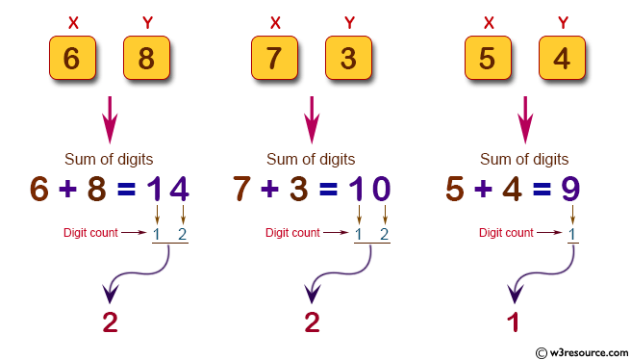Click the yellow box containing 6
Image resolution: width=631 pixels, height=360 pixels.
(x=71, y=58)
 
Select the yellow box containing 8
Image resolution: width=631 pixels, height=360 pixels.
(x=146, y=58)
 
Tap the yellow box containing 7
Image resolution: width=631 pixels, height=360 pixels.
(x=274, y=58)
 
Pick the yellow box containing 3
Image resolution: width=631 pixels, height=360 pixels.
(x=348, y=58)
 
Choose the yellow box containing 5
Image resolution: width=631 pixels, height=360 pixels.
(x=488, y=58)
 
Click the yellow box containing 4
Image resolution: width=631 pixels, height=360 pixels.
(x=562, y=58)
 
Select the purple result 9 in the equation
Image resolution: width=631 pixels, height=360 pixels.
(x=569, y=189)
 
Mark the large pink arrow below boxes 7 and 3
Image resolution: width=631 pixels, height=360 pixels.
(x=311, y=119)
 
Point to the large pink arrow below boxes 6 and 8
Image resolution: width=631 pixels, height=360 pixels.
(x=109, y=119)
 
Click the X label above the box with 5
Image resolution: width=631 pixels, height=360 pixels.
(x=488, y=21)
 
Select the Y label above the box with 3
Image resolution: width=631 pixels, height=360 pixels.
(x=348, y=21)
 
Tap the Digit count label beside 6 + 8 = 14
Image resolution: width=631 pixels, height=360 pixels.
(x=89, y=232)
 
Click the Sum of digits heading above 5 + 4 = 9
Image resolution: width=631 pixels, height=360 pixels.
(x=524, y=159)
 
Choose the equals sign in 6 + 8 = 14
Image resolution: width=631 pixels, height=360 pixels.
(x=126, y=190)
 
